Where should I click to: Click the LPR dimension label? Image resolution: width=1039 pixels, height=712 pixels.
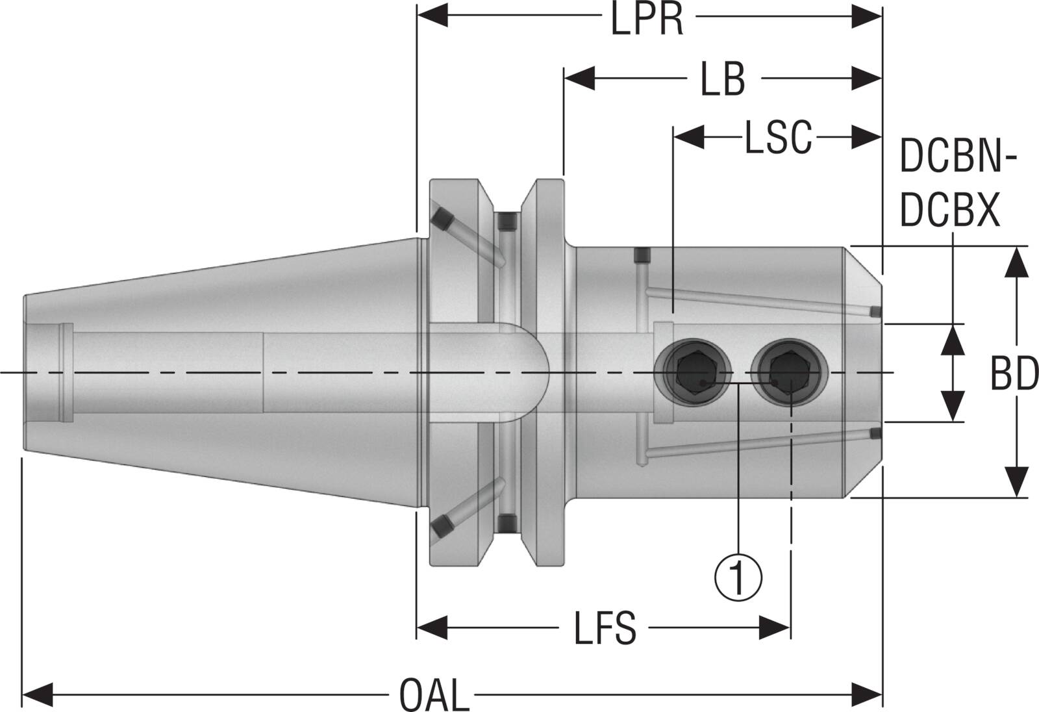click(647, 21)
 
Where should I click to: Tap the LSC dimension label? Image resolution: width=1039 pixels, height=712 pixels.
click(778, 138)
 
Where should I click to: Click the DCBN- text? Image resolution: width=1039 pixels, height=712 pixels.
click(958, 158)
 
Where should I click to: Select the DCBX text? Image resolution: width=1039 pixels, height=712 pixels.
click(949, 211)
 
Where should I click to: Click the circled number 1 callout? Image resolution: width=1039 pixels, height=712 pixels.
click(738, 576)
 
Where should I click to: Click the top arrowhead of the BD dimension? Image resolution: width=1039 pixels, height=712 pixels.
click(1016, 262)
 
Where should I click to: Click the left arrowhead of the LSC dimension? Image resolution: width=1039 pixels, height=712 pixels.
click(689, 137)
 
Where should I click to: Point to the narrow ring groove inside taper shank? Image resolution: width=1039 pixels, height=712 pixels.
click(66, 374)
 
